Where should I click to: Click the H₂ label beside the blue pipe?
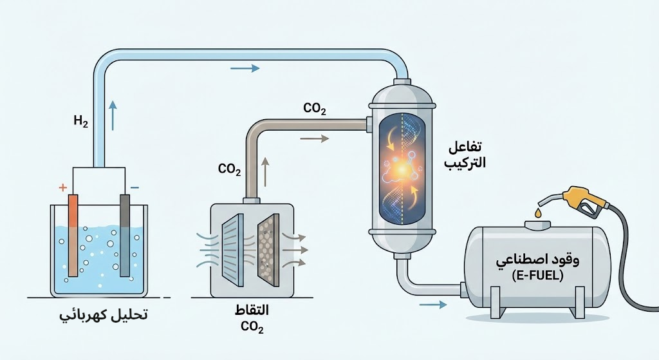point(80,120)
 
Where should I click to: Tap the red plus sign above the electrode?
point(63,187)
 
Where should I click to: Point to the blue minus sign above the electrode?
point(135,187)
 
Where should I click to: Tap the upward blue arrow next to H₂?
point(113,116)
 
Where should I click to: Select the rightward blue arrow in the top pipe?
point(245,68)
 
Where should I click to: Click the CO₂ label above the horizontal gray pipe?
point(314,109)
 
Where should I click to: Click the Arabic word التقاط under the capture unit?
point(252,310)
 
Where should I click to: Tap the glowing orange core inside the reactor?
point(400,169)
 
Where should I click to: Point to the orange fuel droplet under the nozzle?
point(537,213)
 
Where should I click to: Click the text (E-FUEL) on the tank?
point(537,276)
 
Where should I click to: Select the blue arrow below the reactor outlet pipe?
point(432,305)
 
